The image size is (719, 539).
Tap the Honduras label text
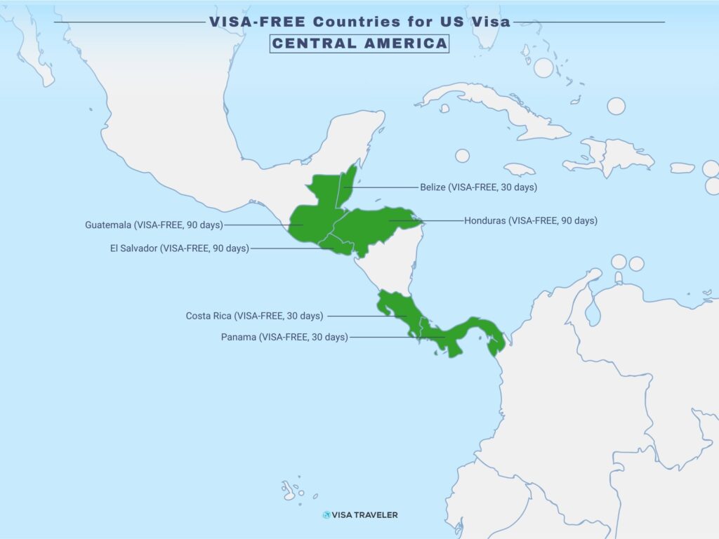[530, 220]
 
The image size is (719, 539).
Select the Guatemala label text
[154, 225]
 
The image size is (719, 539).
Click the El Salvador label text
[179, 248]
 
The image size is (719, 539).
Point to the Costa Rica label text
[254, 316]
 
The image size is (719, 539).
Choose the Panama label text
[284, 337]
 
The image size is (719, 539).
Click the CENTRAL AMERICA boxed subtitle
[359, 43]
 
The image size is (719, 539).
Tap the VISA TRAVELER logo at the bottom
[360, 514]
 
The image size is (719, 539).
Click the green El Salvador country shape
[336, 246]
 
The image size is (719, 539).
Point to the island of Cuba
[492, 105]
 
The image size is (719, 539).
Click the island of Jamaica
[519, 169]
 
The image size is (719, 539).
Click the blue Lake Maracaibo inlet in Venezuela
[593, 312]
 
